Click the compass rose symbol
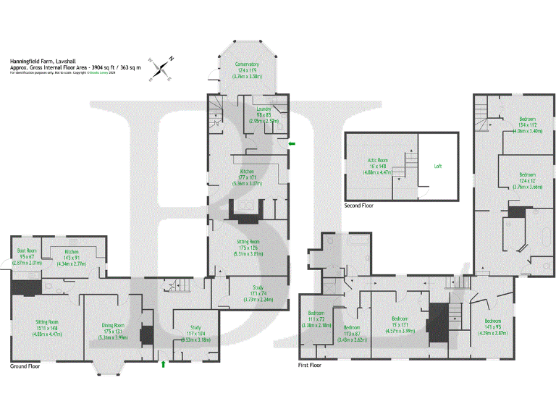pyautogui.click(x=162, y=67)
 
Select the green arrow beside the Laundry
pyautogui.click(x=291, y=144)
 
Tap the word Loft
pyautogui.click(x=437, y=166)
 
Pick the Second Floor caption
pyautogui.click(x=359, y=205)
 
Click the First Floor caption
pyautogui.click(x=309, y=366)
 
